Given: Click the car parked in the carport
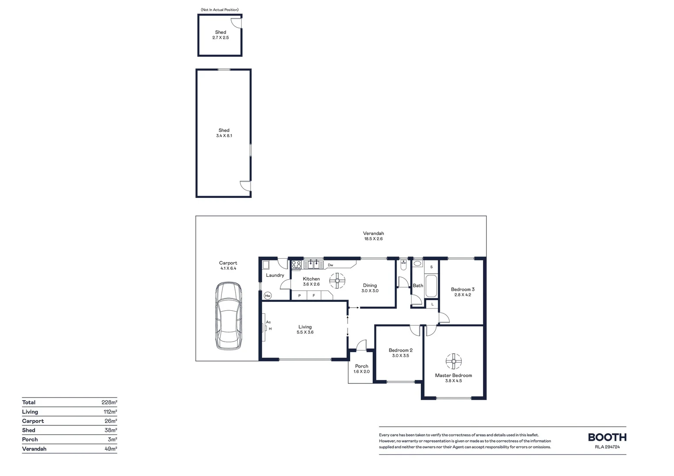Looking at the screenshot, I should click(x=228, y=316).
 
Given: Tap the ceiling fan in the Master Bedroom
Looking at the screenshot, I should click(x=453, y=361).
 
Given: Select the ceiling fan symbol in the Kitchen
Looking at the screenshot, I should click(x=337, y=280).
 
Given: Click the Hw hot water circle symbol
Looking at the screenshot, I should click(x=267, y=296).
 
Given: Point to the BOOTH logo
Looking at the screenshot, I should click(x=607, y=437).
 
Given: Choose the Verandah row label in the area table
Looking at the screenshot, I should click(x=34, y=449).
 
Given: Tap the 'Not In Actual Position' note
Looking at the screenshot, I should click(x=220, y=10).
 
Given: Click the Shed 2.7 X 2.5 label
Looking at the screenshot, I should click(x=221, y=35).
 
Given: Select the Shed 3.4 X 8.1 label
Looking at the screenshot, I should click(x=224, y=133).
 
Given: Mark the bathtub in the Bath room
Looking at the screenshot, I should click(x=431, y=286).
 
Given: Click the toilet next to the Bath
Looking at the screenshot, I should click(x=403, y=266).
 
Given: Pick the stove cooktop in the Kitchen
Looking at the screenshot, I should click(x=296, y=265).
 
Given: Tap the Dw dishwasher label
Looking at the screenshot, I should click(x=330, y=265).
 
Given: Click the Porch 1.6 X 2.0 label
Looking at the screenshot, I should click(x=361, y=369).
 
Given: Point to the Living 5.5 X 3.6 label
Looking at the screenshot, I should click(x=305, y=330).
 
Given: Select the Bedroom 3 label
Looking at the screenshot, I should click(x=462, y=290).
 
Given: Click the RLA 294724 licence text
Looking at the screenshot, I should click(x=607, y=447).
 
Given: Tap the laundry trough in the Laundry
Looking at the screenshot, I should click(x=266, y=265).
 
